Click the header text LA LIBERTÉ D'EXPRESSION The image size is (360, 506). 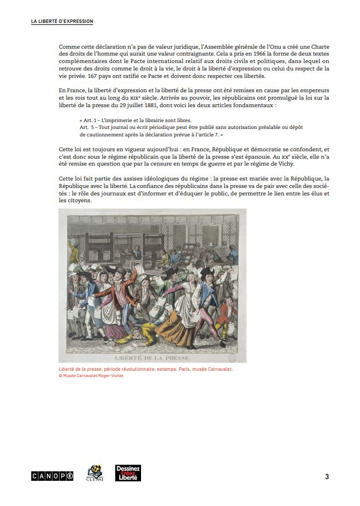tap(62, 21)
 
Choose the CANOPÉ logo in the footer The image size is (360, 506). tap(52, 476)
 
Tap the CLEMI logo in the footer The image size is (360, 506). tap(94, 473)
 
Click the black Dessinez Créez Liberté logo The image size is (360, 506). tap(128, 473)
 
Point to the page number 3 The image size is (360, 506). tap(327, 476)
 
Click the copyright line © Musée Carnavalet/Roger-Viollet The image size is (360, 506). tap(91, 376)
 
